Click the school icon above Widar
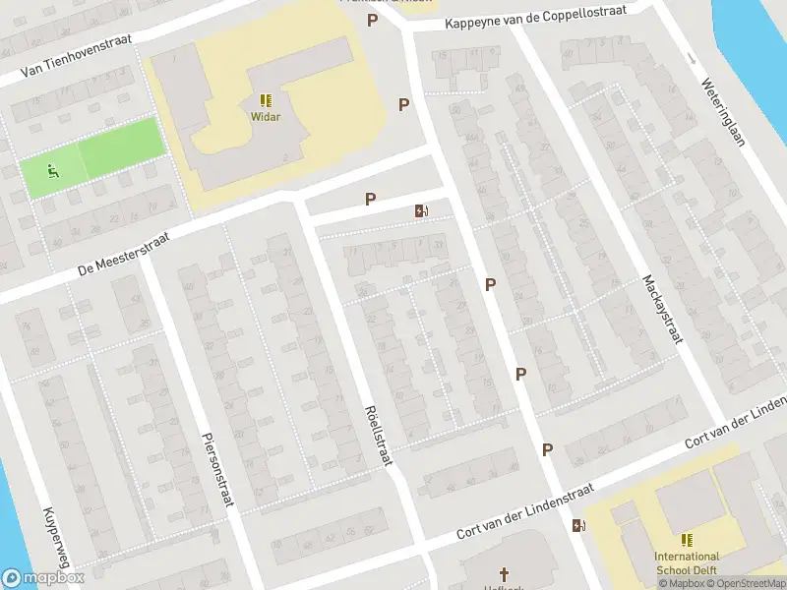[266, 100]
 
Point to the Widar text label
[266, 117]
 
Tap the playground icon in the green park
[51, 172]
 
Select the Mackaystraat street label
[662, 308]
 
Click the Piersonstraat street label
[216, 470]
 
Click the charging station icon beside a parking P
[422, 210]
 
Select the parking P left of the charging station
[371, 199]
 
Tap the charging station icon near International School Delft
[578, 525]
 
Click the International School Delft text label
[687, 562]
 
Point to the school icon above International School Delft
[687, 540]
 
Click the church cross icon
[505, 573]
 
